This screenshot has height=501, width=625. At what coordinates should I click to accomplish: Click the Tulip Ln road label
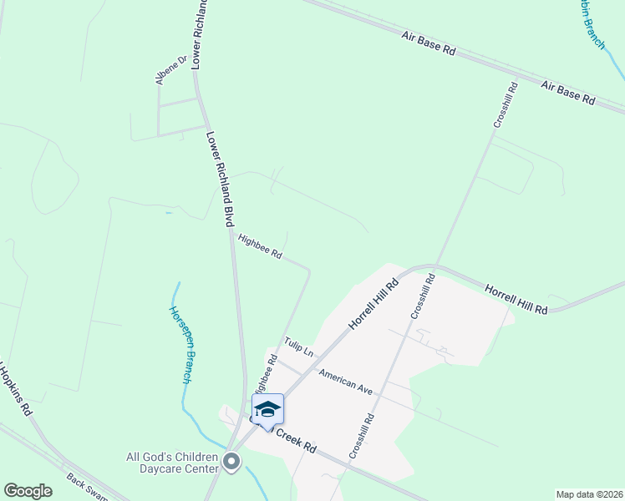pos(298,347)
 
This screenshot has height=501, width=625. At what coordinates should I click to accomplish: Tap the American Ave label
pos(345,382)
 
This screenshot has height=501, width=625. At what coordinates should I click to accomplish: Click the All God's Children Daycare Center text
pos(172,463)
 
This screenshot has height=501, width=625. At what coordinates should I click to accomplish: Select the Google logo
pos(28,491)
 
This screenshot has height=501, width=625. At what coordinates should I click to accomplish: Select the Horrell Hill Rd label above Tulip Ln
pos(372,302)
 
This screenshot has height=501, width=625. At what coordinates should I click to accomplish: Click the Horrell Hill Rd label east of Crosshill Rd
pos(516,298)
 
